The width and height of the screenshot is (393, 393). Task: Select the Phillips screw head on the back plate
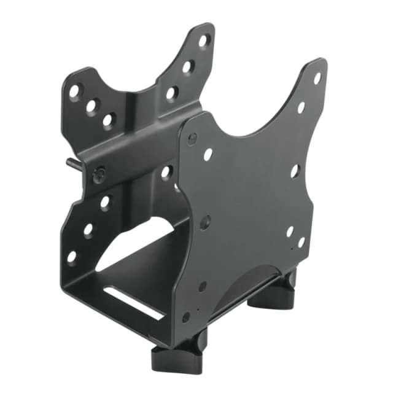pyautogui.click(x=98, y=176)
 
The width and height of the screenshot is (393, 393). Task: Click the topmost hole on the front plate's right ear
pyautogui.click(x=317, y=78)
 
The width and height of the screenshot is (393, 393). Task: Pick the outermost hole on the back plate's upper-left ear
pyautogui.click(x=75, y=91)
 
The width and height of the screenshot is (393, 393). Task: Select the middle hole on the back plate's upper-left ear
pyautogui.click(x=91, y=106)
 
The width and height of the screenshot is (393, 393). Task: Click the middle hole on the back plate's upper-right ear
pyautogui.click(x=189, y=66)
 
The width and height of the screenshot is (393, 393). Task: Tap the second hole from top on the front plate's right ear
pyautogui.click(x=302, y=107)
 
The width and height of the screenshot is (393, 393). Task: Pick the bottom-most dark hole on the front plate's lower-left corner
pyautogui.click(x=186, y=317)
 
